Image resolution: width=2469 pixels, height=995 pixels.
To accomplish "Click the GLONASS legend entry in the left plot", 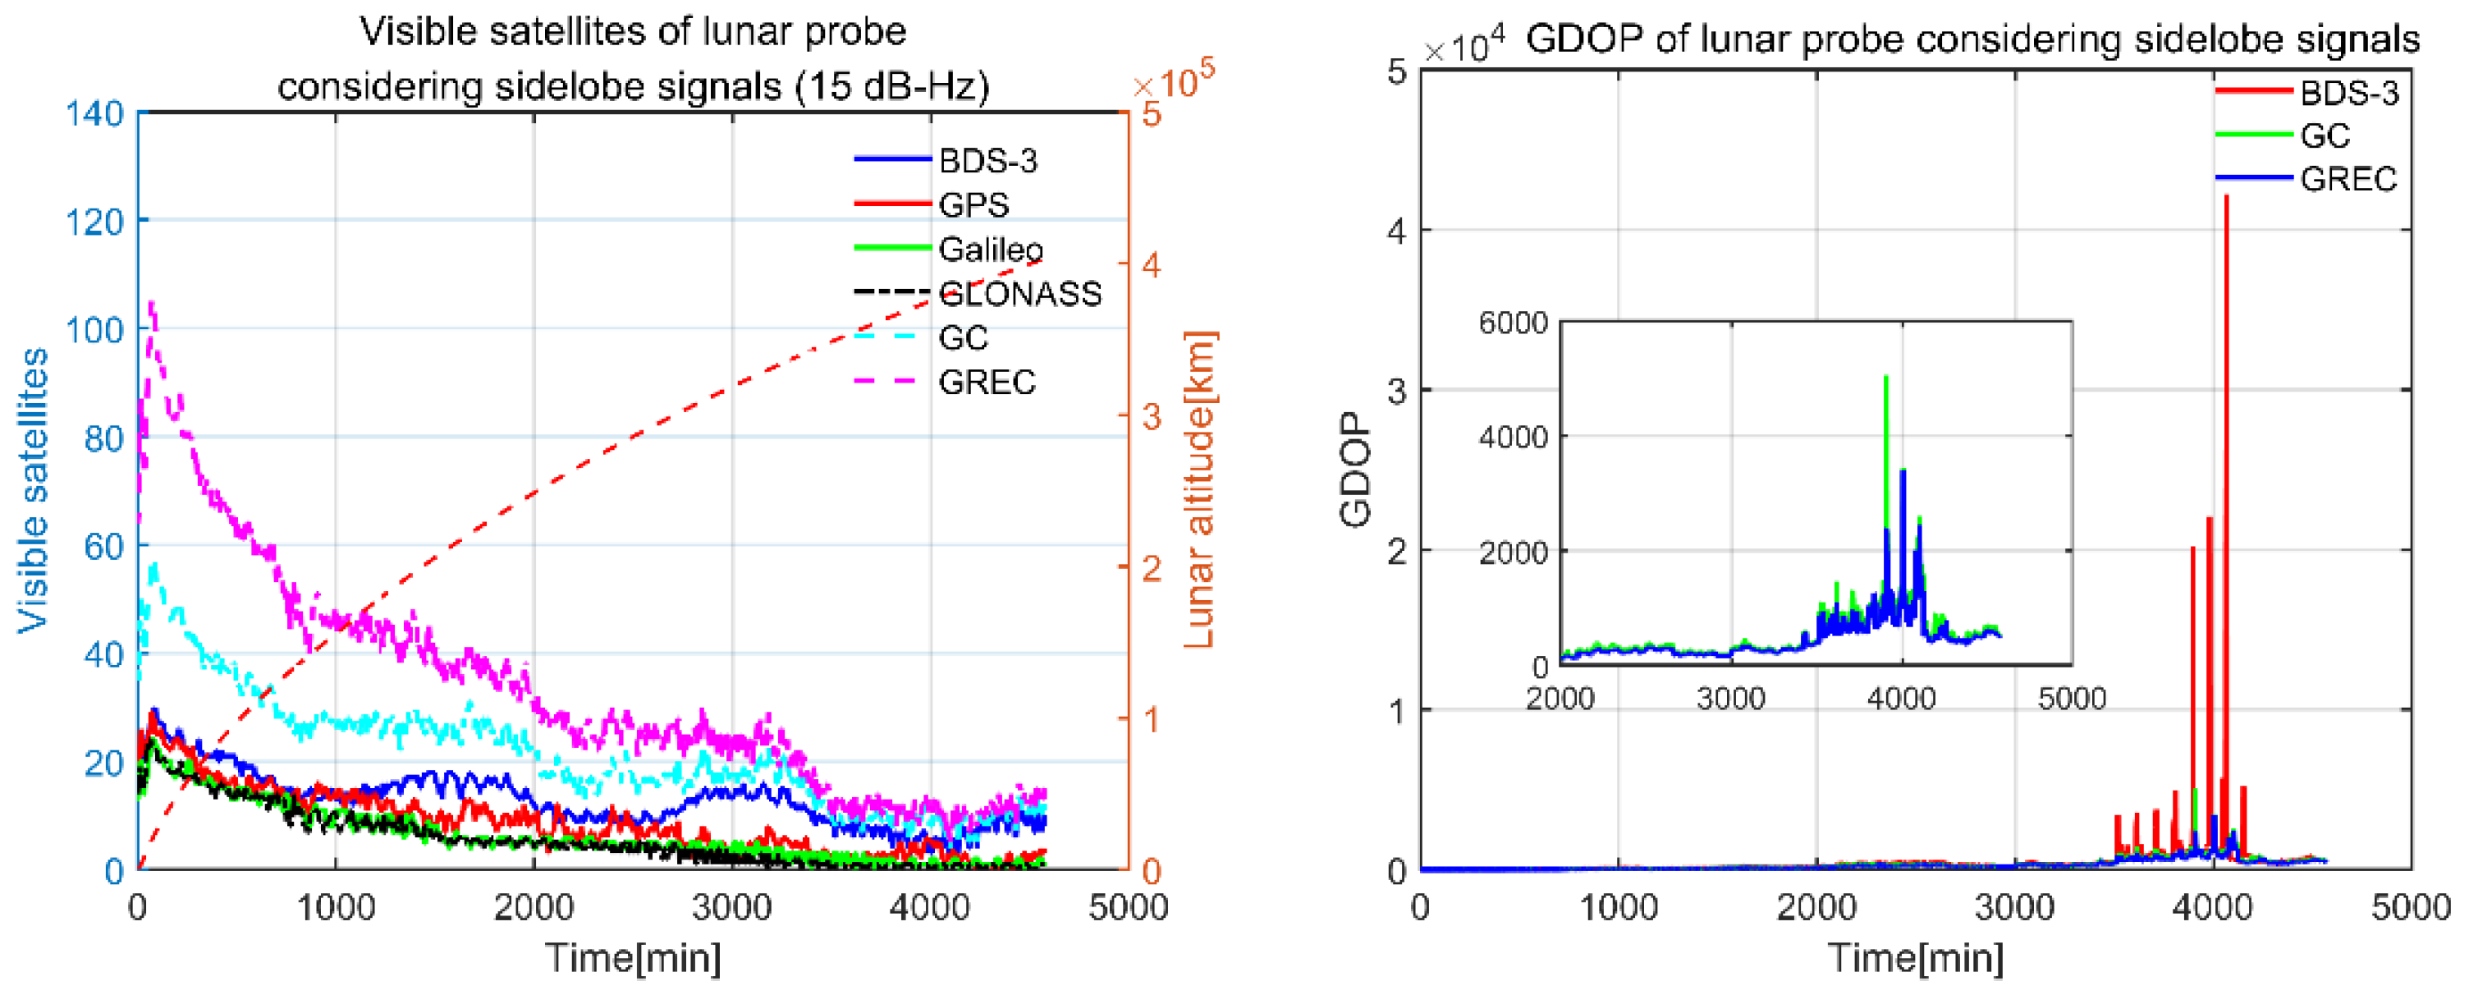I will (1019, 293).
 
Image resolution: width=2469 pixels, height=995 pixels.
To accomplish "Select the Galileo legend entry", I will (990, 250).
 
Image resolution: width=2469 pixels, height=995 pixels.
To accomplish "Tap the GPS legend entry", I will (973, 205).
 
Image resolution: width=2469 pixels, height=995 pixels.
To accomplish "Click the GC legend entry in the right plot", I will (2325, 136).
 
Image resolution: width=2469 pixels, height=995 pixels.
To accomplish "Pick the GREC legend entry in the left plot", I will (987, 382).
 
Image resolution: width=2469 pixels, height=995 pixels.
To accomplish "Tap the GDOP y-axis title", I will (1355, 470).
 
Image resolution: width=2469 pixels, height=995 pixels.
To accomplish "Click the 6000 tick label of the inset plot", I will (1513, 323).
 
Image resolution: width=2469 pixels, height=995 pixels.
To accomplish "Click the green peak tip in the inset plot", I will (1886, 377).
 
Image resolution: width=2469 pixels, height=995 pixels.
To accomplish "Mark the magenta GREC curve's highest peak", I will (151, 303).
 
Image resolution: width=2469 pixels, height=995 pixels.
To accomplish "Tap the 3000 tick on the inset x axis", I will (1731, 698).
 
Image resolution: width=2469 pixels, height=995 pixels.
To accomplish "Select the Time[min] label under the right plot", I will (1915, 956).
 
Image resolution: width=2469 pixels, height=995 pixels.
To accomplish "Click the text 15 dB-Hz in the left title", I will (885, 87).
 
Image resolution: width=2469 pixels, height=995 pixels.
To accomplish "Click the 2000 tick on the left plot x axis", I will (533, 906).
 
